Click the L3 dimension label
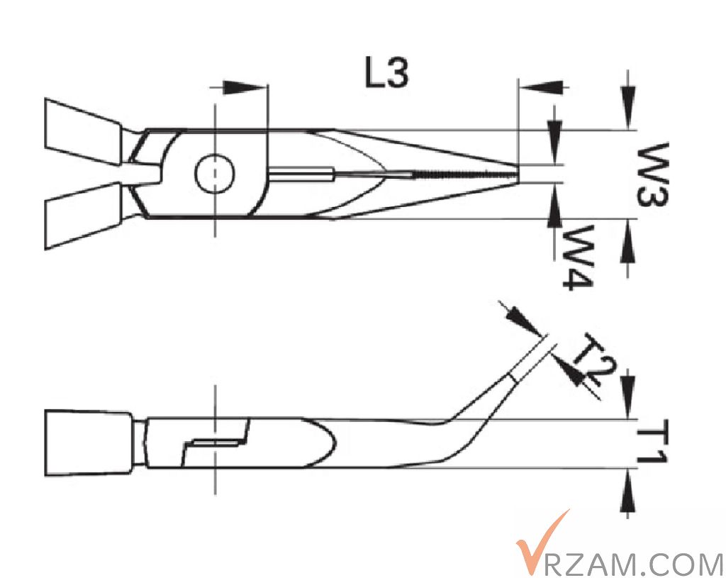[386, 74]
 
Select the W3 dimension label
[652, 174]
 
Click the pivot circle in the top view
[214, 173]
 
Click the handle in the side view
[88, 443]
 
